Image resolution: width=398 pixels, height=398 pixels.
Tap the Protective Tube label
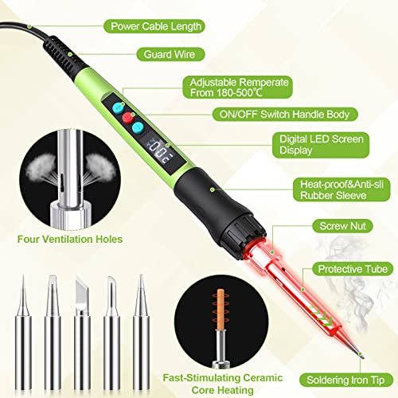351,270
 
